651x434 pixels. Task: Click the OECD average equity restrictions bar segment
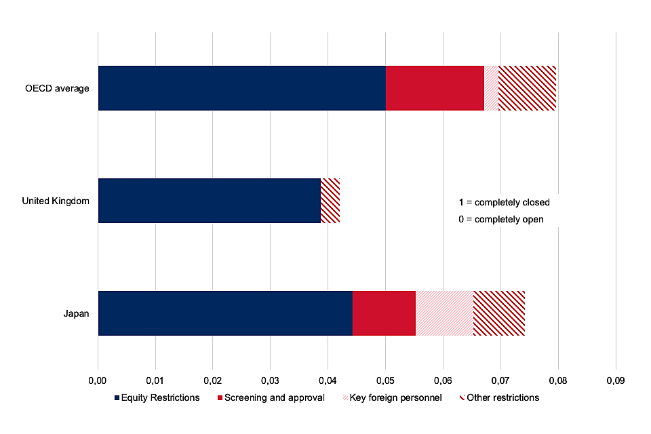(242, 88)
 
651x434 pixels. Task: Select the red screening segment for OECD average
(435, 88)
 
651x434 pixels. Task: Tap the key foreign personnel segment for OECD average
(491, 88)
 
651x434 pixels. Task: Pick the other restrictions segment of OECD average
(527, 88)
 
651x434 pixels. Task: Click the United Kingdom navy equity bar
(209, 201)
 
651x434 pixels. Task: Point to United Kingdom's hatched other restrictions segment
(330, 201)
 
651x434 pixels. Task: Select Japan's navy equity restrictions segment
(225, 313)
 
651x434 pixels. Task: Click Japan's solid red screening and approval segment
(384, 313)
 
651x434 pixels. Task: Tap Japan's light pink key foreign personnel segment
(444, 313)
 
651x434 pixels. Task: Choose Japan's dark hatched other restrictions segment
(499, 313)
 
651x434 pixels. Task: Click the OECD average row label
(57, 88)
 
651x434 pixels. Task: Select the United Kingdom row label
(56, 201)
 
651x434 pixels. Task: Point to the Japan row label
(77, 313)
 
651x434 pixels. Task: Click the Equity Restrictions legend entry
(157, 397)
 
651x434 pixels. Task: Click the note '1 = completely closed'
(504, 202)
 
